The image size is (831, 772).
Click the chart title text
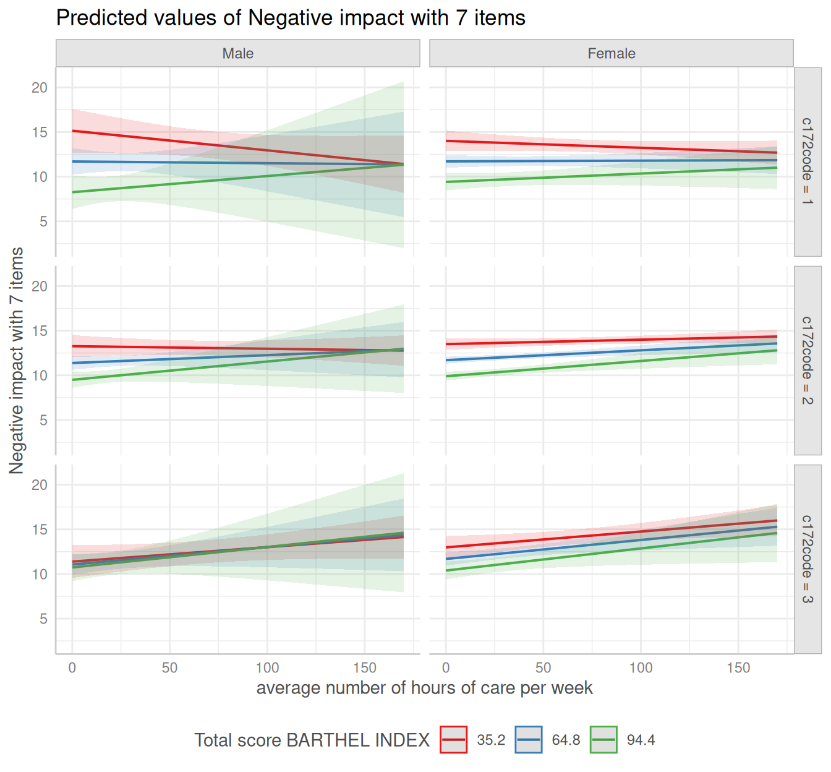(291, 18)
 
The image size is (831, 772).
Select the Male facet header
(238, 54)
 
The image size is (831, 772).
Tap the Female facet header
(611, 54)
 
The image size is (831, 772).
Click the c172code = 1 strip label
(808, 161)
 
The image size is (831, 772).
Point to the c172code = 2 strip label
(808, 360)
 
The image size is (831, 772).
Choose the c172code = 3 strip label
(808, 559)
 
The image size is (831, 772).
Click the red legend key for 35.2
(454, 740)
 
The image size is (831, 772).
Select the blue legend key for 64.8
(529, 740)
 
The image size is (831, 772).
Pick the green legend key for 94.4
(603, 740)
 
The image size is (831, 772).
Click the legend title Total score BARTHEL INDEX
(312, 740)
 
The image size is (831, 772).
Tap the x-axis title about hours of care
(424, 688)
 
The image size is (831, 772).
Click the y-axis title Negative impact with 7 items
(17, 360)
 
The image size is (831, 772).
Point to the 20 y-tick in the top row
(40, 88)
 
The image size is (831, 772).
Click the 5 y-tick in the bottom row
(43, 619)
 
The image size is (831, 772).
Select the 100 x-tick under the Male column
(267, 668)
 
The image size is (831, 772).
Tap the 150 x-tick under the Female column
(738, 668)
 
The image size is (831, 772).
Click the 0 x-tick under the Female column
(446, 668)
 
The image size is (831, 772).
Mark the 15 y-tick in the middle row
(40, 331)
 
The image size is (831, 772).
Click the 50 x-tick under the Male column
(169, 668)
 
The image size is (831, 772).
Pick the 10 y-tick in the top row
(40, 177)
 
